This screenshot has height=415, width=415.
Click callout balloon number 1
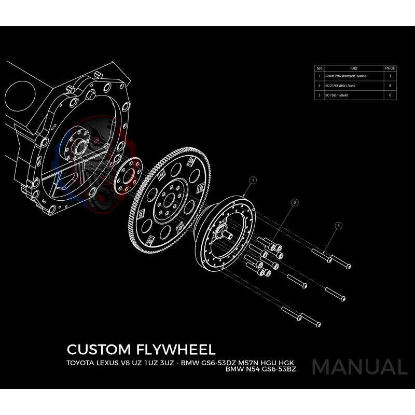coord(253,180)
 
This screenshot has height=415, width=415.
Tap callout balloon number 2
coord(294,202)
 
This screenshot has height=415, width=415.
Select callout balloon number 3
coord(338,226)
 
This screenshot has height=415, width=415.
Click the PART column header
coord(354,68)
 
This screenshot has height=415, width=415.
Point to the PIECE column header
coord(390,68)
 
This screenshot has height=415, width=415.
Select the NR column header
coord(320,68)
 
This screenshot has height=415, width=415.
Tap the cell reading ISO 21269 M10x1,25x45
coord(340,86)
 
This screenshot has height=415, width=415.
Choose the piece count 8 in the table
coord(390,86)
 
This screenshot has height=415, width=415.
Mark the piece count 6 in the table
coord(390,95)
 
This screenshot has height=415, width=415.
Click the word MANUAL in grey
coord(359,367)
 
